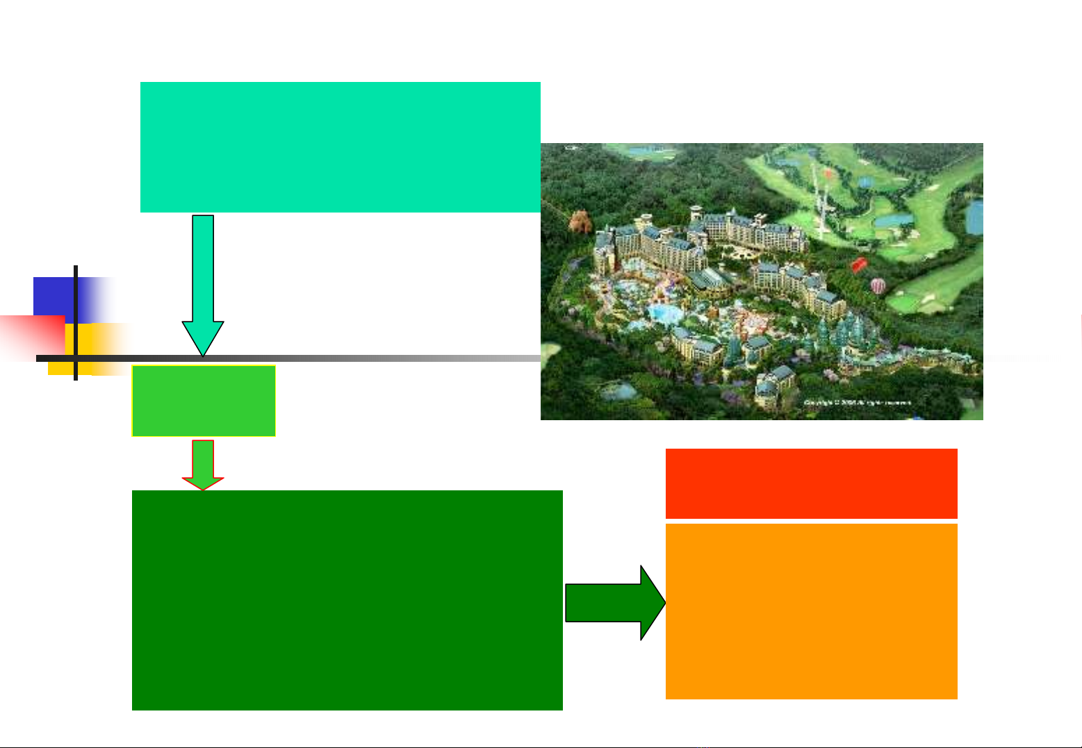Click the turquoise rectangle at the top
pos(340,147)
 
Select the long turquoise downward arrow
pos(203,285)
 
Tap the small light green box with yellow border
pos(204,401)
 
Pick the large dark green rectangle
pos(347,600)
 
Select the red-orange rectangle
pos(811,483)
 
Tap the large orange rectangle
pos(811,611)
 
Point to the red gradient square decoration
pos(31,337)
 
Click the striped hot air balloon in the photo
pos(879,285)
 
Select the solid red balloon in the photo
pos(860,265)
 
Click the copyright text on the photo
pos(857,402)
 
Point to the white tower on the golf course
pos(818,201)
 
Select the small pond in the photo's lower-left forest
pos(617,392)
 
